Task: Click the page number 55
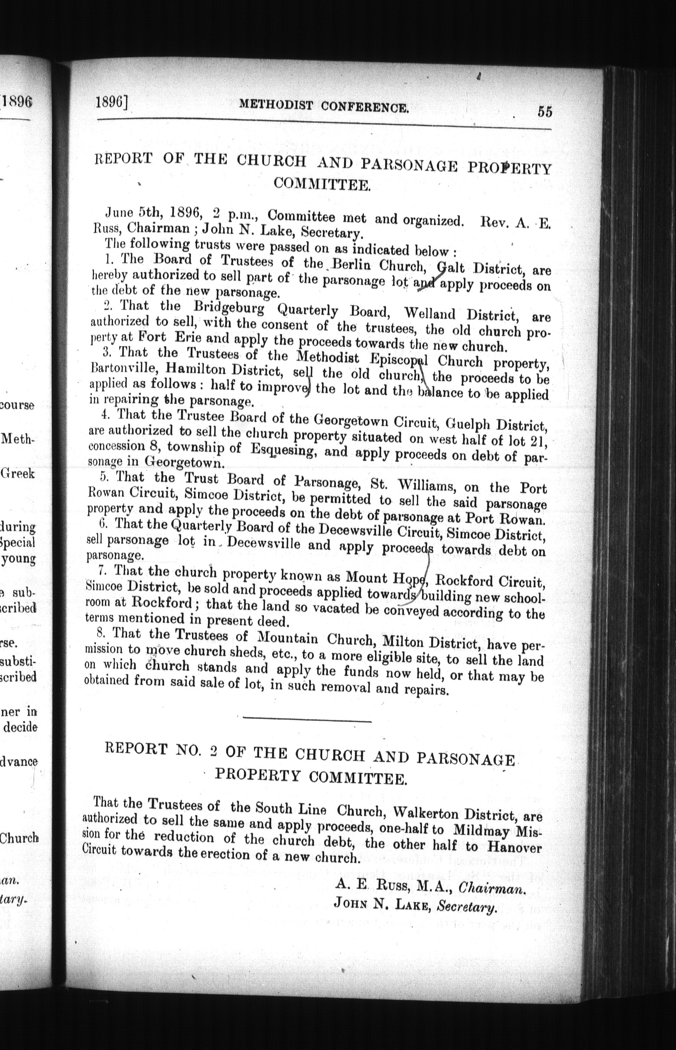544,112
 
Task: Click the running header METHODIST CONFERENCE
324,106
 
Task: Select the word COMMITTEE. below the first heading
322,184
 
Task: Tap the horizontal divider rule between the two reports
307,718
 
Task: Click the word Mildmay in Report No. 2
481,830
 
